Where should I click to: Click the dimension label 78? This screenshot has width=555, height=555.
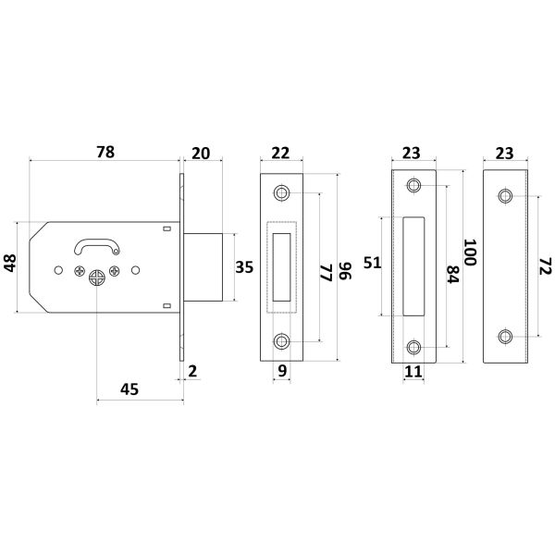pos(105,152)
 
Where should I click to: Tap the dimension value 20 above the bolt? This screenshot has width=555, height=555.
pos(201,154)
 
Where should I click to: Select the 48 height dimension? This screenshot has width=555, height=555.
pos(10,263)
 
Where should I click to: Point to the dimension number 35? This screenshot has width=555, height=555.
pos(244,267)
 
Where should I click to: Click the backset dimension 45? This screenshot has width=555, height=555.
pos(129,389)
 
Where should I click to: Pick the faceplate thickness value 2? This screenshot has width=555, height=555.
pos(192,371)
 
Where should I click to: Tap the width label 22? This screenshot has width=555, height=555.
pos(280,153)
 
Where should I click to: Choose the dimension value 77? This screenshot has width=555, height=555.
pos(326,273)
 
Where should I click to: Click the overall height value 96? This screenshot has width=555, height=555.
pos(345,271)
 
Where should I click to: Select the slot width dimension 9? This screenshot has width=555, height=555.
pos(282,371)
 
